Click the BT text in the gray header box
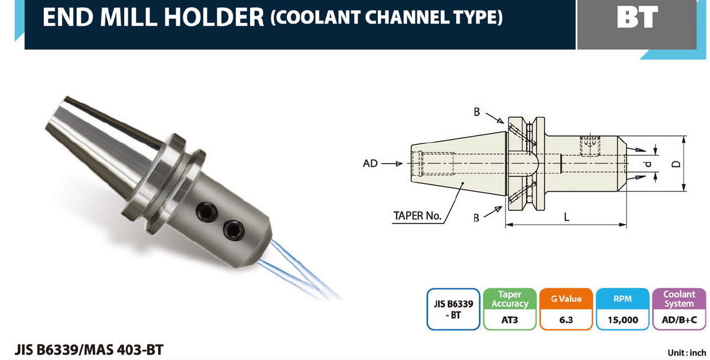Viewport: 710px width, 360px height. tap(637, 17)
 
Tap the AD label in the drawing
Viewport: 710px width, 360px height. tap(370, 164)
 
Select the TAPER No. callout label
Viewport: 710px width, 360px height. tap(417, 216)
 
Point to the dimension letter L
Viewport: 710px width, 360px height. tap(566, 217)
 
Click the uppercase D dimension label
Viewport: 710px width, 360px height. tap(676, 164)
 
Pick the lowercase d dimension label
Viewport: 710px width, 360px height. tap(648, 164)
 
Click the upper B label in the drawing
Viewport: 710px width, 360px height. tap(476, 112)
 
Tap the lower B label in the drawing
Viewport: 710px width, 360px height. tap(476, 218)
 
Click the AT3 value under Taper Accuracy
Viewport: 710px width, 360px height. tap(510, 320)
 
